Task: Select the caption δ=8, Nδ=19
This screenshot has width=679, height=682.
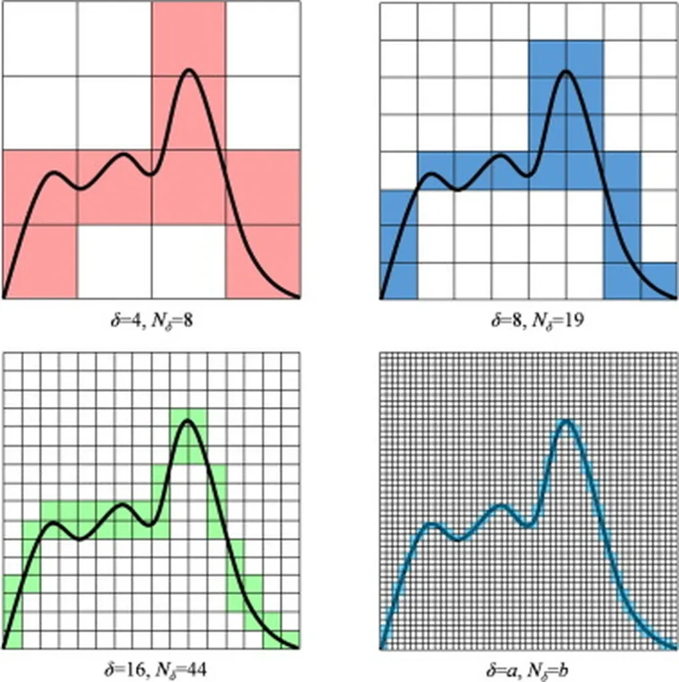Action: [528, 322]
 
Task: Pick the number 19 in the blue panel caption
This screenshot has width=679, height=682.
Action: [573, 322]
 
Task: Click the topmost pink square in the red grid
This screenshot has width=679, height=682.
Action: [189, 39]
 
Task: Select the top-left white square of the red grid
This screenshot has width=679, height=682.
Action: [40, 39]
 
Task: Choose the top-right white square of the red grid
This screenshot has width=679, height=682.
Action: [263, 39]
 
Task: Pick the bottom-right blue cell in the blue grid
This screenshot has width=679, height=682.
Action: [659, 280]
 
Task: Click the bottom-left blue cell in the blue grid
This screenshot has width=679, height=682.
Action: [398, 280]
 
